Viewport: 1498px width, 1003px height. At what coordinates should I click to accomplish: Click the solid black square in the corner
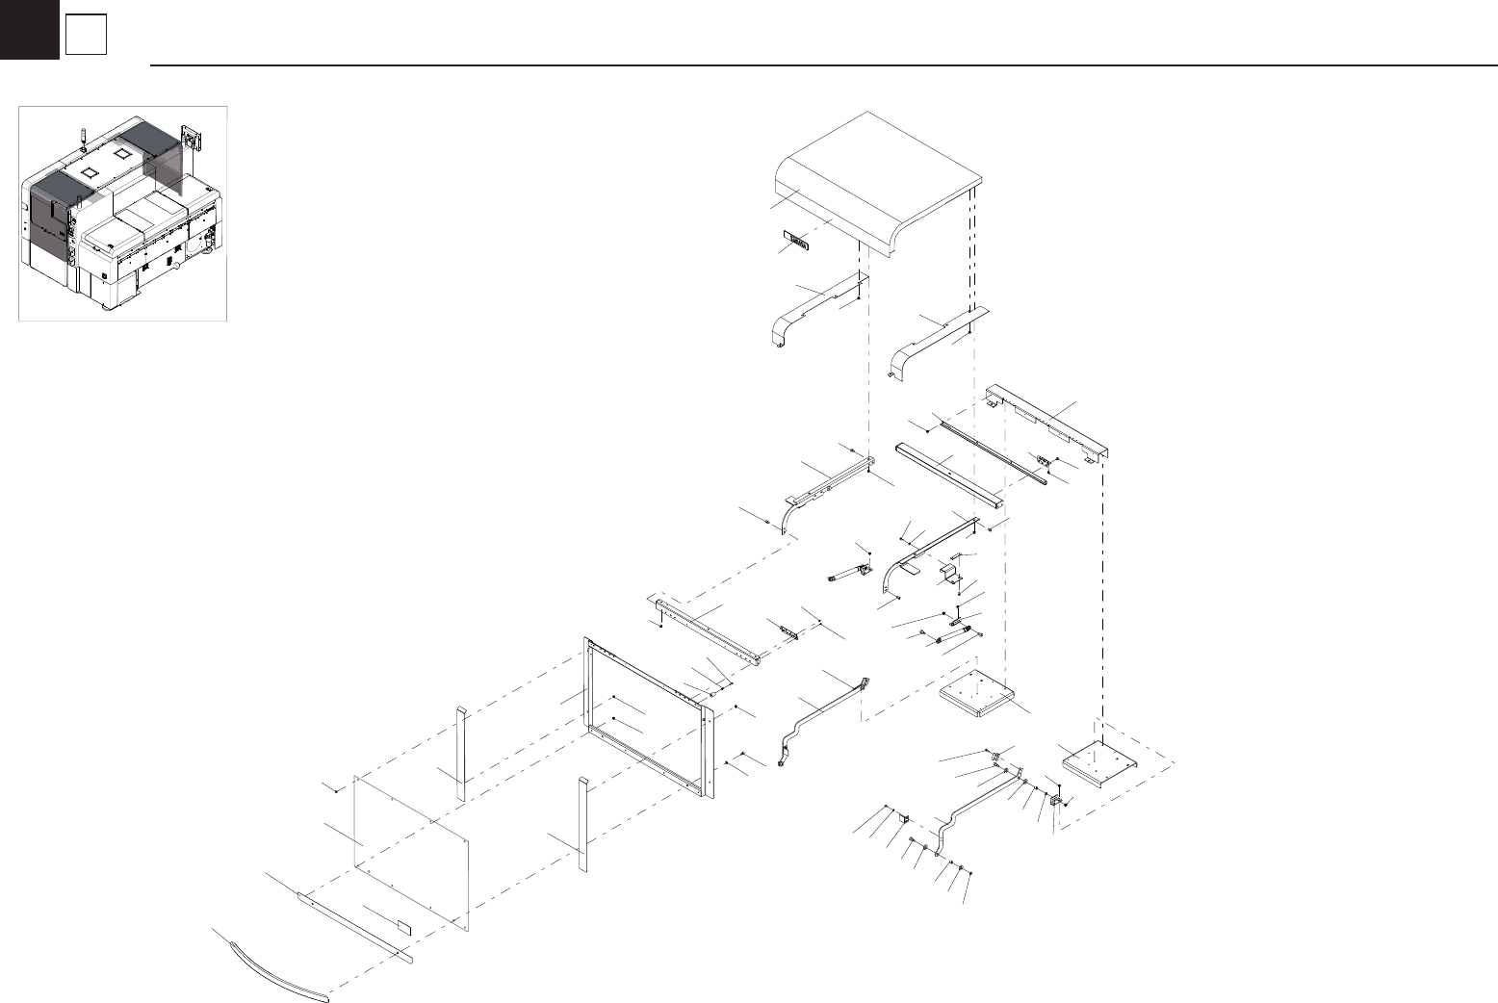point(29,29)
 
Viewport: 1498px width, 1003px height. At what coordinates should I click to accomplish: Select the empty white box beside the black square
point(86,36)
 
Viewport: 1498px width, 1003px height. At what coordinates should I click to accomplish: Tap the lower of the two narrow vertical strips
point(582,823)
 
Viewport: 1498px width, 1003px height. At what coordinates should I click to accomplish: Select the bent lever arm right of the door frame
point(818,712)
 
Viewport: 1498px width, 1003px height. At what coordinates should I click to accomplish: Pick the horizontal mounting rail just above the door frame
point(709,631)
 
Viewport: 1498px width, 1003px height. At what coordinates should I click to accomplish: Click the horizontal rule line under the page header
point(818,65)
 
